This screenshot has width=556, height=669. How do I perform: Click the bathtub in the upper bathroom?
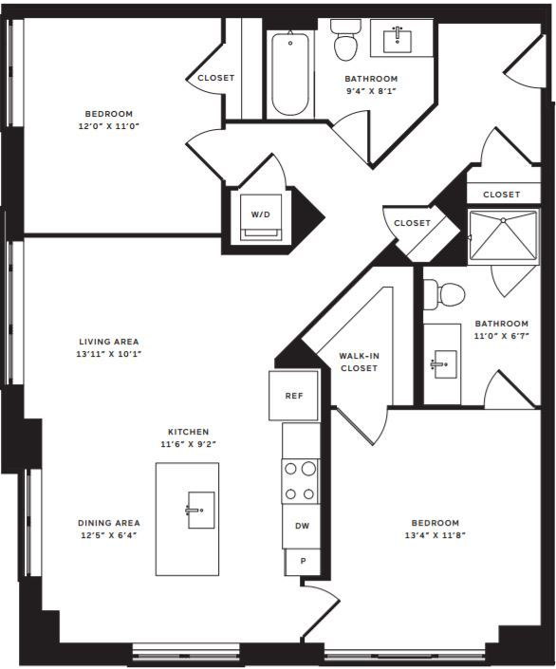tap(290, 74)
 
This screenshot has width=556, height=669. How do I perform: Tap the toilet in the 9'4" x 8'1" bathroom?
tap(343, 41)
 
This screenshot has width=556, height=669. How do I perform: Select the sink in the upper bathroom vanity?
tap(398, 42)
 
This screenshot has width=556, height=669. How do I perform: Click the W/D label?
tap(260, 214)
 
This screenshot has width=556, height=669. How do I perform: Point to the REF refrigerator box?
tap(293, 396)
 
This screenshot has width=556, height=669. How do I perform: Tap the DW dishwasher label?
tap(302, 526)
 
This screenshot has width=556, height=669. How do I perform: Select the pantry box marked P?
tap(303, 562)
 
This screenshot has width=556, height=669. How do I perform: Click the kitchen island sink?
tap(201, 510)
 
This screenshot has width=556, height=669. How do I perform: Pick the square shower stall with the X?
tap(503, 234)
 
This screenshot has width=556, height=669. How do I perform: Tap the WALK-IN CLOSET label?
tap(360, 362)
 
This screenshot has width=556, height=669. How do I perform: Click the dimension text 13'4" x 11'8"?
tap(435, 535)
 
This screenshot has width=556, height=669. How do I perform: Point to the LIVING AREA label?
tap(109, 342)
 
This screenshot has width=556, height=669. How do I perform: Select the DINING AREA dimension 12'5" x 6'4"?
tap(109, 535)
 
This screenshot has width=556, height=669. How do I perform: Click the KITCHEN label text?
tap(188, 432)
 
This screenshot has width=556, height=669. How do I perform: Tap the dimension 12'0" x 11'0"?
tap(109, 126)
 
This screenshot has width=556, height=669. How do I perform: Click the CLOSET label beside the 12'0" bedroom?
tap(216, 78)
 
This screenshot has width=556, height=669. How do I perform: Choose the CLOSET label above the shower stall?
tap(501, 195)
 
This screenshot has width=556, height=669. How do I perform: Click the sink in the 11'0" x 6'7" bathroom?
tap(446, 364)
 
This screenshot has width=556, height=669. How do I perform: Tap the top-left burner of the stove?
tap(290, 469)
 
